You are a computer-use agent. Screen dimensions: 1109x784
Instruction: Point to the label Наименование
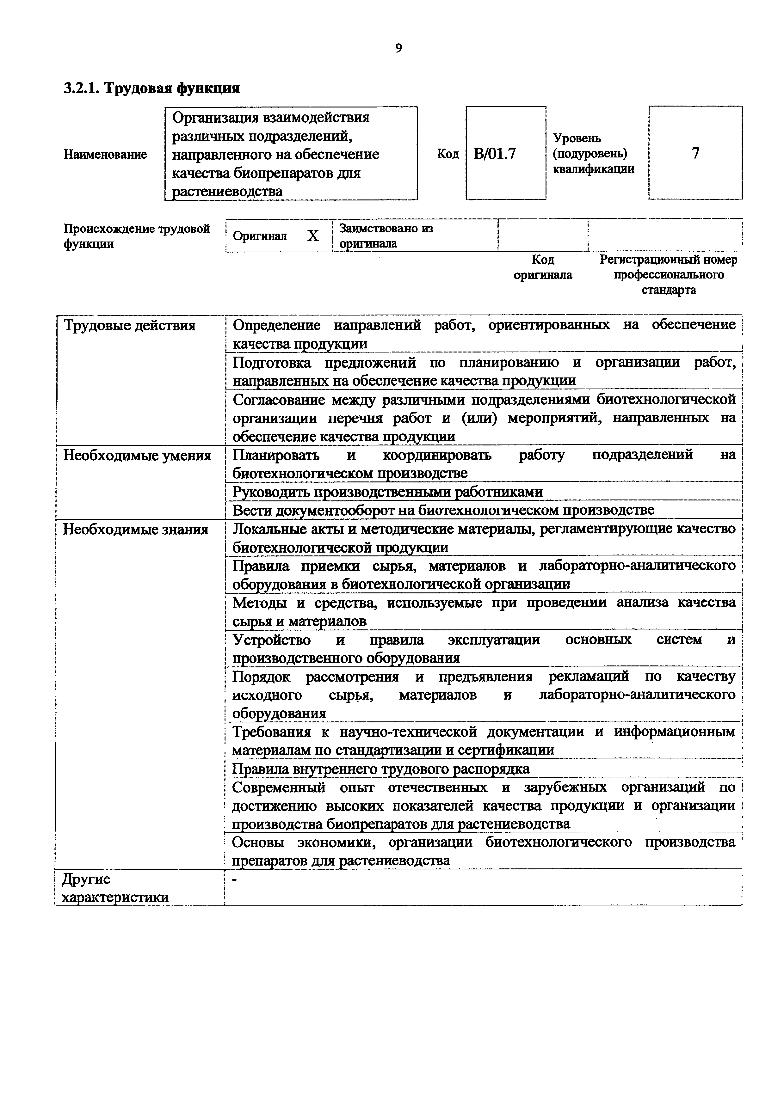105,155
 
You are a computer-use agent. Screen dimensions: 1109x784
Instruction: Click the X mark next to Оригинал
313,236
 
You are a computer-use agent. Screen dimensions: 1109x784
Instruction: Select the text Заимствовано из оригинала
386,236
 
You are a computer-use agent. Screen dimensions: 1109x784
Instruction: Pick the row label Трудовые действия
129,326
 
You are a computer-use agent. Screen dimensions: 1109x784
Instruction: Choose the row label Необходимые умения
137,456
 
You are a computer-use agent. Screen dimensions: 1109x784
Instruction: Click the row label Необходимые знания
136,530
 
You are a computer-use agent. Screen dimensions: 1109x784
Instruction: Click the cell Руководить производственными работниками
387,492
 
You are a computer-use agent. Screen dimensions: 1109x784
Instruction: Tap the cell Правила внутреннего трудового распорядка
381,769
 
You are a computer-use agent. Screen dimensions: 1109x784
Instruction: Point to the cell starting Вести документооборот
443,510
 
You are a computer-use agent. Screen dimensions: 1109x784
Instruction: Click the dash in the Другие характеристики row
235,880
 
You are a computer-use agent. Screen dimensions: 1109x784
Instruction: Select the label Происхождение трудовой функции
137,236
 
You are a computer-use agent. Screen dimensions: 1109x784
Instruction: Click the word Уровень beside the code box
577,138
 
